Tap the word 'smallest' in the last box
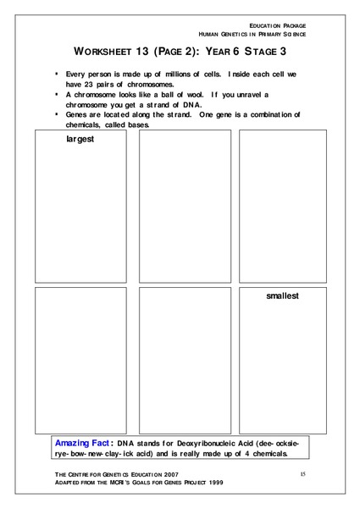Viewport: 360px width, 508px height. [283, 296]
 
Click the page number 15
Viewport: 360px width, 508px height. [302, 474]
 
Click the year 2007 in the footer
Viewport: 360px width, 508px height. [165, 476]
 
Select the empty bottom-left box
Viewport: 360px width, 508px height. [80, 360]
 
